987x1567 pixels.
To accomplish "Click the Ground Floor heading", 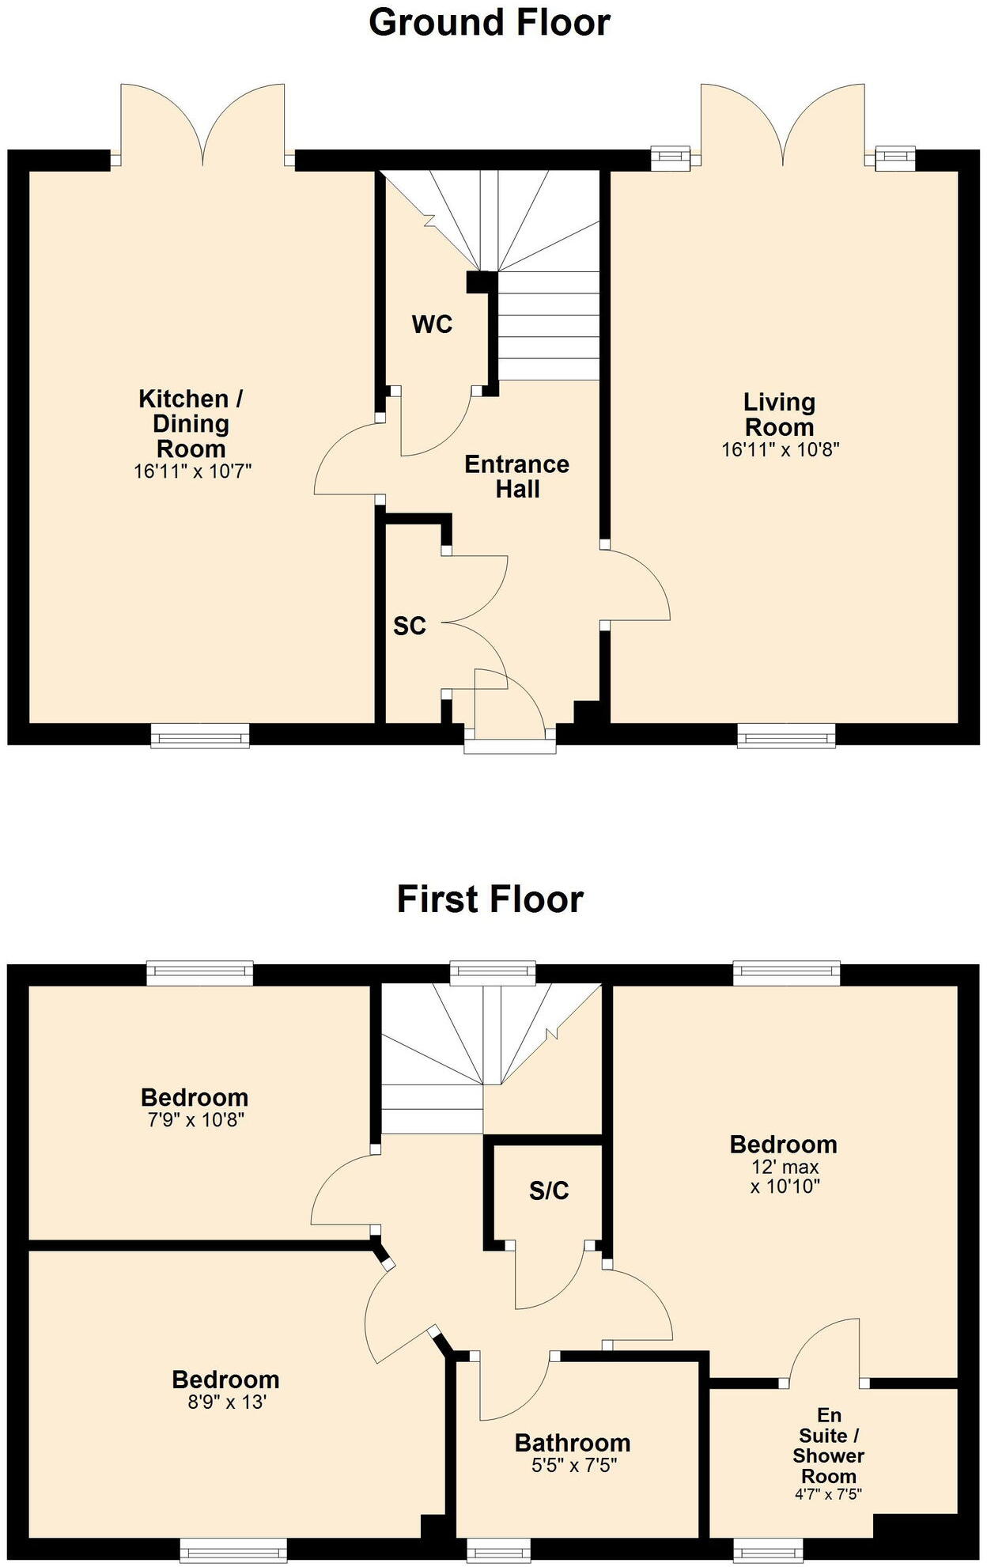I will click(x=489, y=22).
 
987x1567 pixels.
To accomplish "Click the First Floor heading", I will click(x=490, y=899).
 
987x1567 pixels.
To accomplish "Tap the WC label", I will click(x=432, y=324).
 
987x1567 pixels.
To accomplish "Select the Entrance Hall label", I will click(x=516, y=476).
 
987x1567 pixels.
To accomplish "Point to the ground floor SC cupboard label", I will click(x=410, y=626).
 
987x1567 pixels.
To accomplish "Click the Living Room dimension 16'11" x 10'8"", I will click(x=780, y=450).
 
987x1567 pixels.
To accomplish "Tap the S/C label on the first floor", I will click(x=549, y=1191).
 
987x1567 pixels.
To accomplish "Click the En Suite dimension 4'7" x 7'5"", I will click(x=828, y=1494).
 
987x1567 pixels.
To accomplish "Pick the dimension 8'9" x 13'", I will click(x=225, y=1402).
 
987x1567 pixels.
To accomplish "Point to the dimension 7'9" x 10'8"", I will click(x=194, y=1120).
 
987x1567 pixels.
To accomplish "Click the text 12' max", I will click(x=785, y=1167).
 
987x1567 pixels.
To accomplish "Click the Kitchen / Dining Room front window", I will click(x=200, y=736).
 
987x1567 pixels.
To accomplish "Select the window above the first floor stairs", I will click(x=492, y=973).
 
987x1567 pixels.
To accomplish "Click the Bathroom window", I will click(x=498, y=1549).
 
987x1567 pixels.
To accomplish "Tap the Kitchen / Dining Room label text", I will click(x=191, y=423).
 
